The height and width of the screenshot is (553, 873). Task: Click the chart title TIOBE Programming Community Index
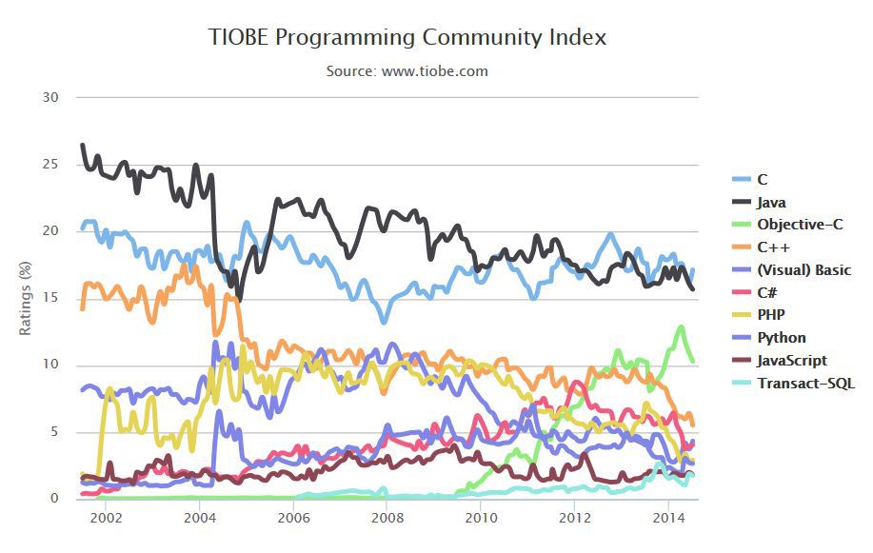tap(407, 37)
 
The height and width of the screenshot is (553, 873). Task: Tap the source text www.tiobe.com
tap(407, 70)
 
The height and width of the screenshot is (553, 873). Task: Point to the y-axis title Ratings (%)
tap(27, 298)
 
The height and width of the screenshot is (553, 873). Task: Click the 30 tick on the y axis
tap(50, 97)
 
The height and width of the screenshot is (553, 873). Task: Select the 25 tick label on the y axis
tap(50, 165)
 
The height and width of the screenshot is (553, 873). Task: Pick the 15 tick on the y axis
tap(50, 298)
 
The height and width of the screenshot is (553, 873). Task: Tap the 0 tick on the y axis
tap(54, 498)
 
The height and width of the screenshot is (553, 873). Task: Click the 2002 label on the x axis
tap(106, 518)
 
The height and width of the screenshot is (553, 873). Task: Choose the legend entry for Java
tap(771, 202)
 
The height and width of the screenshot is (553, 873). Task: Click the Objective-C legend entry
tap(800, 225)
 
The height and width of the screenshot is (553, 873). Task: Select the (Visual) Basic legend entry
tap(804, 270)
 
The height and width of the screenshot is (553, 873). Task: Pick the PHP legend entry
tap(771, 315)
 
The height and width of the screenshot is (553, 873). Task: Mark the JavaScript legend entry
tap(792, 361)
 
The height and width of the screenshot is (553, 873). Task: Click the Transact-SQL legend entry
tap(805, 383)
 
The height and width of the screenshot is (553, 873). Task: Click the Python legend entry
tap(782, 338)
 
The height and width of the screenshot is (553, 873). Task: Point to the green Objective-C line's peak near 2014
tap(681, 327)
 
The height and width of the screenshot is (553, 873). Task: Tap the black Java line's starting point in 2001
tap(82, 145)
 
